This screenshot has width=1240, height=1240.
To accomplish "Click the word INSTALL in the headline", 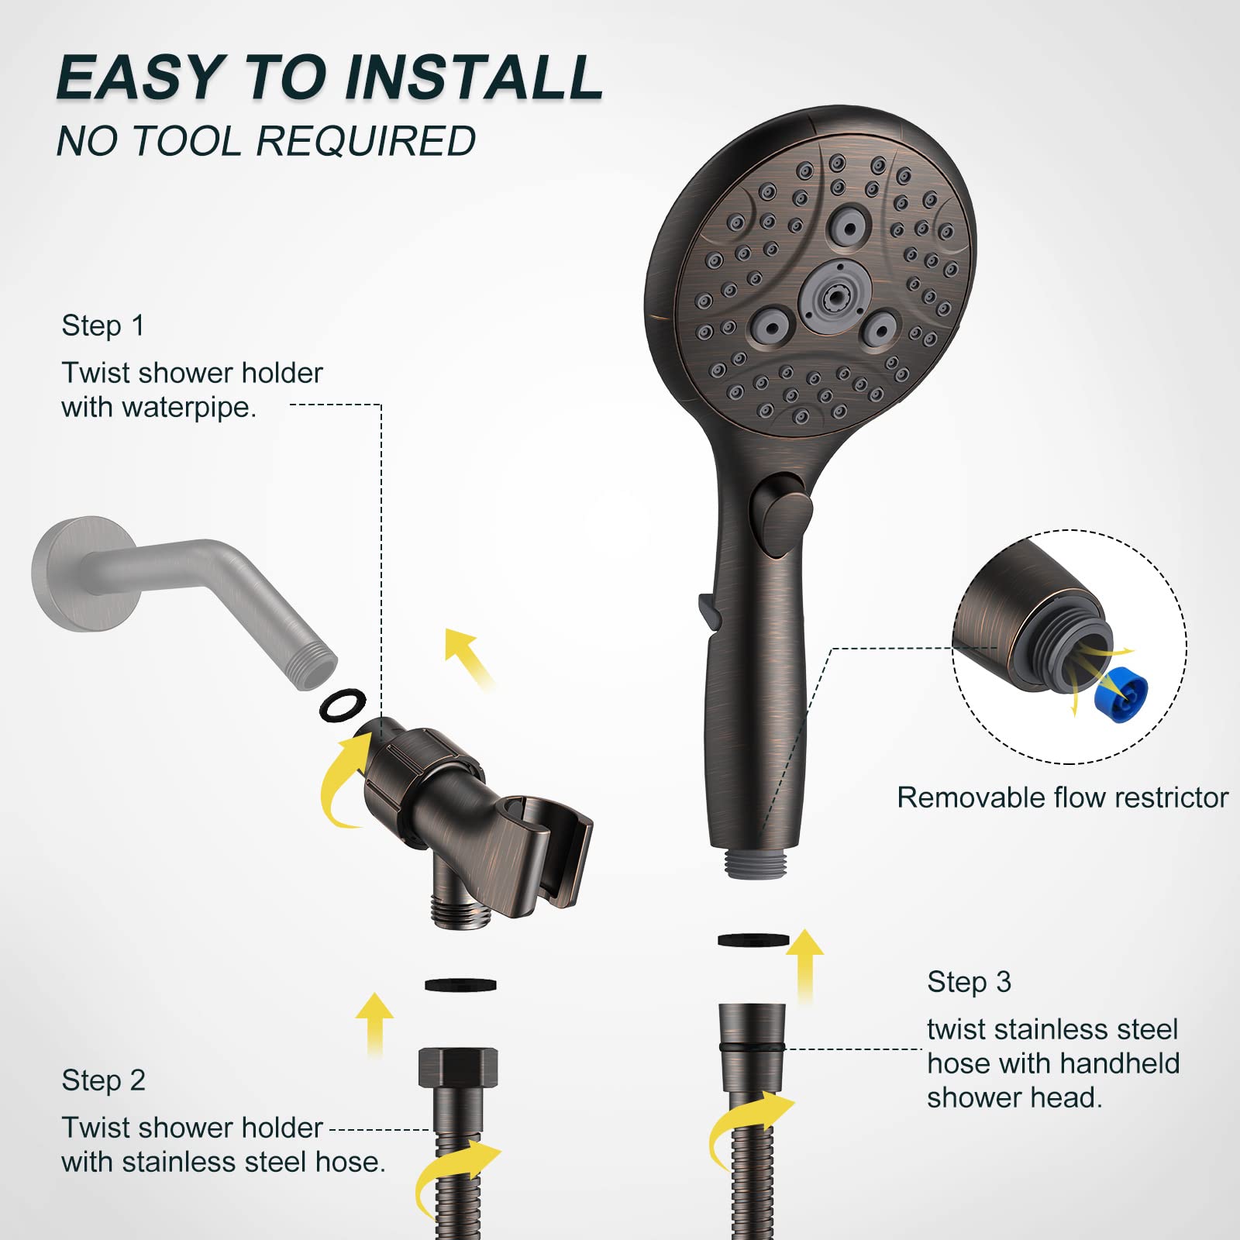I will (474, 77).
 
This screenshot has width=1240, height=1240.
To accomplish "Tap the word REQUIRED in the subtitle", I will (365, 142).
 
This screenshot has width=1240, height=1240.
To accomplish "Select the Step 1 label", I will (103, 325).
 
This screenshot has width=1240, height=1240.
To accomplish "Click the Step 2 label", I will (104, 1080).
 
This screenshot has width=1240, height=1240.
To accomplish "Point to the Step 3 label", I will (969, 982).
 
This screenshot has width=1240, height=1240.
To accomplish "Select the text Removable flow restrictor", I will (1062, 797).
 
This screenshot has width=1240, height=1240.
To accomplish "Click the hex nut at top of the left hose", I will (458, 1068).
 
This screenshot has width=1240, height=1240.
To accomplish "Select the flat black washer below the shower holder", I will (460, 985).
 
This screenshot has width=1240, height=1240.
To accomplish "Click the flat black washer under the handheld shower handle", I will (753, 940).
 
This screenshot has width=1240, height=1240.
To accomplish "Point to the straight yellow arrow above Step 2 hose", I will (376, 1023).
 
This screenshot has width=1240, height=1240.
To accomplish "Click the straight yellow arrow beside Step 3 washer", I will (805, 965).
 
